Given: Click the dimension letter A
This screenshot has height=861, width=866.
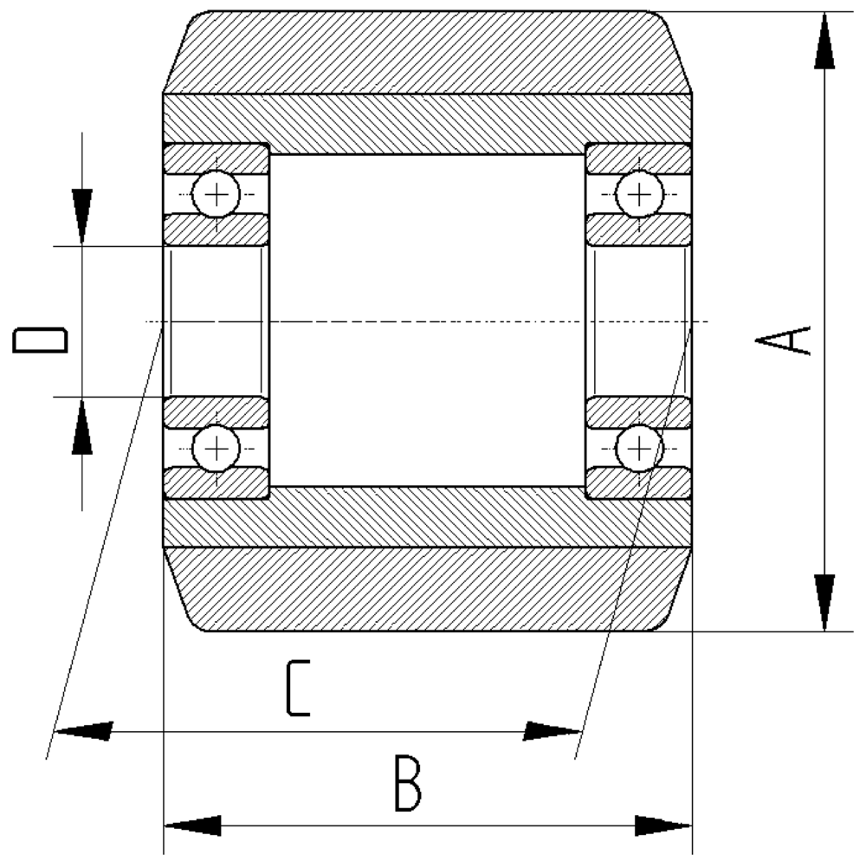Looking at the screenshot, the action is (x=783, y=340).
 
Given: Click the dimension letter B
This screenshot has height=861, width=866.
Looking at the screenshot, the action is (x=408, y=784).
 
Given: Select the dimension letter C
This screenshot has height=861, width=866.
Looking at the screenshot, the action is (x=298, y=688).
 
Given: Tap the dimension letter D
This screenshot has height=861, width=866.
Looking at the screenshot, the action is (x=40, y=340).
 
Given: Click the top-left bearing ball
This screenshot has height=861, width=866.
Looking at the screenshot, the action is (x=216, y=194).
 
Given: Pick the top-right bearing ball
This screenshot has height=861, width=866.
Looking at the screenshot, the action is (x=639, y=194).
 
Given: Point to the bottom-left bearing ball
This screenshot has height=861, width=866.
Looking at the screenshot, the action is (x=216, y=448).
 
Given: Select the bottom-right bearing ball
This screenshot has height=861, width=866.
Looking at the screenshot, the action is (x=639, y=448).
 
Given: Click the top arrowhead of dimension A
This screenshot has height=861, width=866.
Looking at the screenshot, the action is (x=824, y=41).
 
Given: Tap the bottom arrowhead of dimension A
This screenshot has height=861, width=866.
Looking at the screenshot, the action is (x=824, y=603).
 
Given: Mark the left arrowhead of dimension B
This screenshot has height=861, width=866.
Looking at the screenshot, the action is (x=193, y=825).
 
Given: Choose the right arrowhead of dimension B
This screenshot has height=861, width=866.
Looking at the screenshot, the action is (x=663, y=825).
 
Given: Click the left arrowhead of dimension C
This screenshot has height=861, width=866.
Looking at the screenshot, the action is (x=84, y=731).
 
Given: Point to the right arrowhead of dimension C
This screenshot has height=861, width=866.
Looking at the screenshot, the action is (x=552, y=731).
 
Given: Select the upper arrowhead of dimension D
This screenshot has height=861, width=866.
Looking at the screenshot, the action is (x=82, y=217).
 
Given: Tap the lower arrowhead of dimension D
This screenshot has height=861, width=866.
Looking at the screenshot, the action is (x=82, y=426).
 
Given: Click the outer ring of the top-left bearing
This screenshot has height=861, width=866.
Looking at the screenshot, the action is (x=216, y=159).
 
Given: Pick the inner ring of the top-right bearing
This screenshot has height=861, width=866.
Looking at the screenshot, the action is (x=639, y=230).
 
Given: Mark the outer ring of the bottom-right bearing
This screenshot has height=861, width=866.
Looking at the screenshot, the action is (x=639, y=482).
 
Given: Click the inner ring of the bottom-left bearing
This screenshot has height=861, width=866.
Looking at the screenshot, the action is (x=216, y=412).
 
